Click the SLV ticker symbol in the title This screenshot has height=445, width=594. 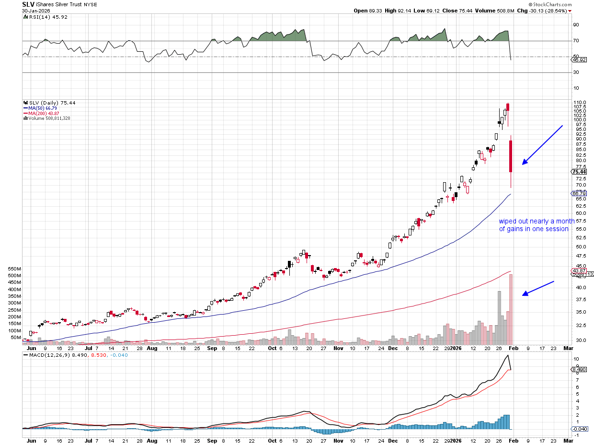(29, 4)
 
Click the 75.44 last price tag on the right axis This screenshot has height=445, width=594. (579, 172)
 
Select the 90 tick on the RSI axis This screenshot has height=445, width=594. (576, 25)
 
